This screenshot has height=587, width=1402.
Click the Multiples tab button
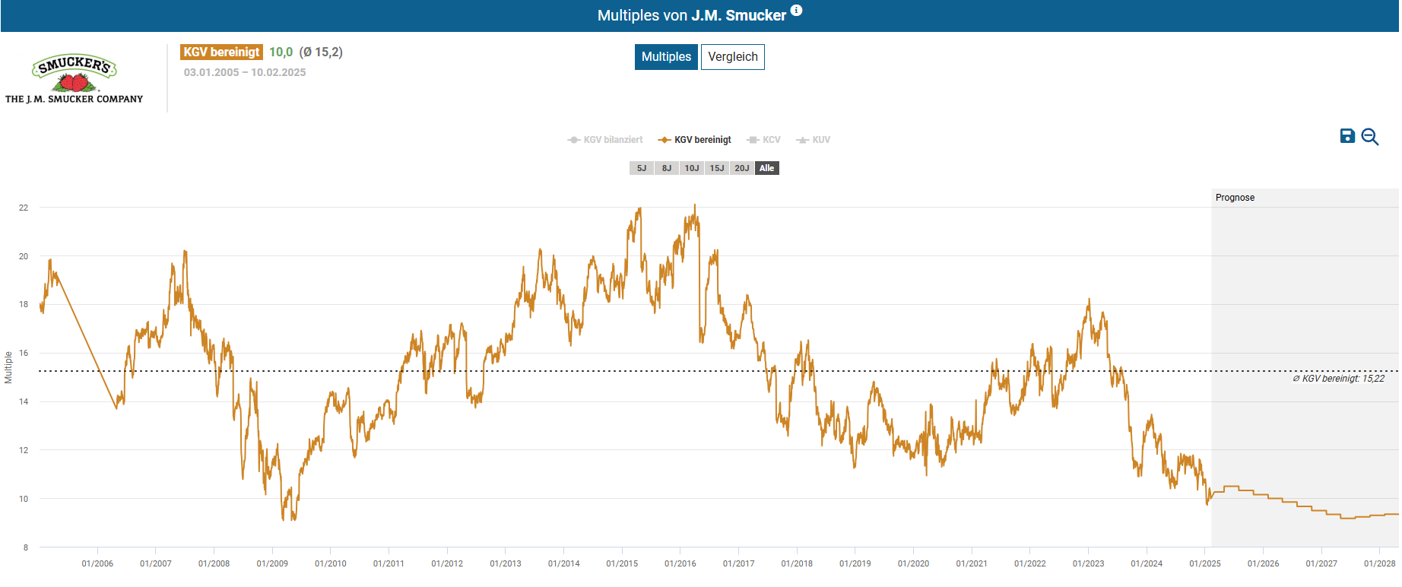pyautogui.click(x=666, y=57)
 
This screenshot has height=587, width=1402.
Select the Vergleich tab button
pyautogui.click(x=732, y=57)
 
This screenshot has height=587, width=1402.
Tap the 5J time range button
pyautogui.click(x=642, y=168)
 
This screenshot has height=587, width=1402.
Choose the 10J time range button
pyautogui.click(x=691, y=168)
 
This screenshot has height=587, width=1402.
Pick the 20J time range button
pyautogui.click(x=741, y=168)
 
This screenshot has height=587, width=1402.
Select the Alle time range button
pyautogui.click(x=766, y=168)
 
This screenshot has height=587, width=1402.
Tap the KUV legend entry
pyautogui.click(x=814, y=140)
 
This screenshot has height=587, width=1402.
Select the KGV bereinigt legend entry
pyautogui.click(x=695, y=140)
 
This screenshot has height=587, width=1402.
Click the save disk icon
pyautogui.click(x=1347, y=136)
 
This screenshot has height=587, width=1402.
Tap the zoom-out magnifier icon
pyautogui.click(x=1370, y=137)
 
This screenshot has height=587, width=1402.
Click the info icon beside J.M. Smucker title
pyautogui.click(x=796, y=11)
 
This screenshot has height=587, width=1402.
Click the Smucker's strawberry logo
pyautogui.click(x=74, y=75)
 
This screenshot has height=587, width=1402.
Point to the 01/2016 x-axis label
pyautogui.click(x=680, y=563)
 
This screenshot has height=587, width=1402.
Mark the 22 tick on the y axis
pyautogui.click(x=24, y=208)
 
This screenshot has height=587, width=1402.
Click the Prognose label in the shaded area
pyautogui.click(x=1235, y=198)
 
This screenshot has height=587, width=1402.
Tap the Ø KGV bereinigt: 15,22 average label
pyautogui.click(x=1338, y=379)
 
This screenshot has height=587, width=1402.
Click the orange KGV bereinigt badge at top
pyautogui.click(x=221, y=52)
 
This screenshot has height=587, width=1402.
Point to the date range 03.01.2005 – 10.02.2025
pyautogui.click(x=245, y=72)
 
